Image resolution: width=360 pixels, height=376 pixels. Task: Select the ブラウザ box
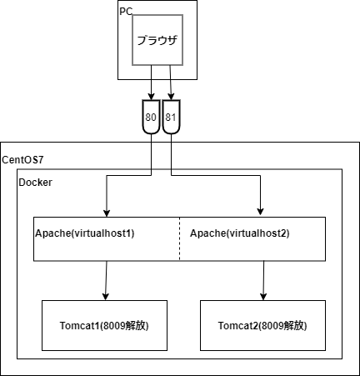point(157,39)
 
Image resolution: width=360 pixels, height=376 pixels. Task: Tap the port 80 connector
point(151,118)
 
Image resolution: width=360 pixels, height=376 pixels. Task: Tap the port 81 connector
point(171,118)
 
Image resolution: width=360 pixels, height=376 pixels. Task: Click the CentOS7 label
point(22,159)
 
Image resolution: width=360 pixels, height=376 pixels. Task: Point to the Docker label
point(36,181)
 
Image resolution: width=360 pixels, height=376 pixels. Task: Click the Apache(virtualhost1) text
point(84,233)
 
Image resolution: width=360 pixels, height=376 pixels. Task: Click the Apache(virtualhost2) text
point(239,233)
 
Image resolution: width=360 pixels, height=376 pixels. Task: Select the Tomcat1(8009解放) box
point(105,324)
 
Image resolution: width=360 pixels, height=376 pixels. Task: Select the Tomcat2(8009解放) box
point(262,324)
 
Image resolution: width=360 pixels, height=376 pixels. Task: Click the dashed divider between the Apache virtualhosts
point(180,238)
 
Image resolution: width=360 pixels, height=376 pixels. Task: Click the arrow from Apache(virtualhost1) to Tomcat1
point(106,279)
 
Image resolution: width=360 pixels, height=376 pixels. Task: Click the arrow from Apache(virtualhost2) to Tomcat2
point(263,279)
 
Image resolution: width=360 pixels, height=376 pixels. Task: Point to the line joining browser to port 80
point(151,83)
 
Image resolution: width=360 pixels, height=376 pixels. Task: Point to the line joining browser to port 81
point(171,83)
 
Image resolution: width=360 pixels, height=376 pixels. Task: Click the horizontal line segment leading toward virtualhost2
point(217,175)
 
